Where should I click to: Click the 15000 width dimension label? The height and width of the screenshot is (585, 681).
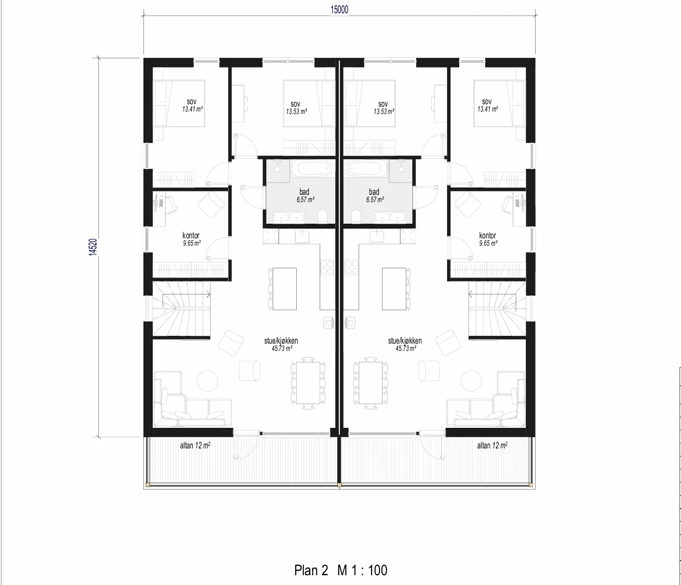[x=339, y=10]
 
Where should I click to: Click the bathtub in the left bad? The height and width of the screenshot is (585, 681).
[x=313, y=169]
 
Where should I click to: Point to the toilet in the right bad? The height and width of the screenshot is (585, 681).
[x=356, y=216]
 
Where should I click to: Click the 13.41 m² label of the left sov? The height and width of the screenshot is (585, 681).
[x=192, y=109]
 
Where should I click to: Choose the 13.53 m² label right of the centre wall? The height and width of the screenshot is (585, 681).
[x=384, y=112]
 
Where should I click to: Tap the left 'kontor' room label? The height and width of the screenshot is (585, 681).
[x=191, y=235]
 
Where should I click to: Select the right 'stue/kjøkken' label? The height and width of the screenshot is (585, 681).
[x=405, y=341]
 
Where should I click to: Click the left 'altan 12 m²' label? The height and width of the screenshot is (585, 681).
[x=195, y=445]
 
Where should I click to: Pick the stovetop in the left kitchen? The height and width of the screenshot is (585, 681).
[x=327, y=267]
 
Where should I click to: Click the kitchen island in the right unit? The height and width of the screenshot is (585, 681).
[x=394, y=289]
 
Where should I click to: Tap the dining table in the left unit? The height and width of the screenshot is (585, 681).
[x=308, y=383]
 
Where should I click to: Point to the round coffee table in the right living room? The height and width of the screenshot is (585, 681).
[x=471, y=381]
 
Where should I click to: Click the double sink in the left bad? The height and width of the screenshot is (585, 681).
[x=289, y=217]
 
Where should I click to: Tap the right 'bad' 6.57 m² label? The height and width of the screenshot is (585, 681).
[x=375, y=195]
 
